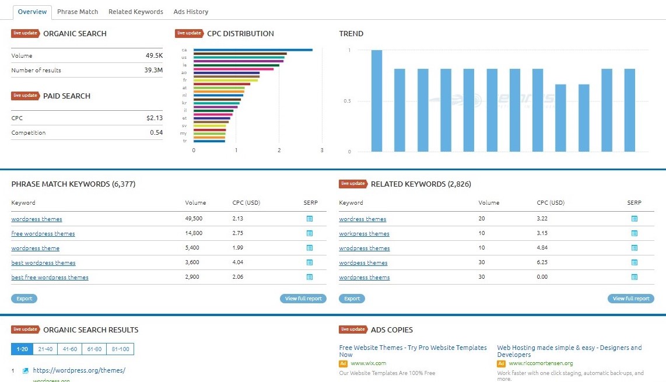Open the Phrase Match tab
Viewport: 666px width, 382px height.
[78, 12]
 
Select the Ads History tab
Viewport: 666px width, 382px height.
[191, 12]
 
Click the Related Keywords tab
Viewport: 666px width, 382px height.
[136, 12]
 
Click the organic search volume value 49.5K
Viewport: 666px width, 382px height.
[154, 56]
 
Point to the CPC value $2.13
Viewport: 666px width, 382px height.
[155, 118]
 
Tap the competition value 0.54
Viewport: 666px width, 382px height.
[156, 133]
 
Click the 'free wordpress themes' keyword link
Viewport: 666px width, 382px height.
[43, 234]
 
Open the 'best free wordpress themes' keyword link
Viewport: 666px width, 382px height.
[50, 278]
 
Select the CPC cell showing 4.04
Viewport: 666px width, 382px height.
[238, 263]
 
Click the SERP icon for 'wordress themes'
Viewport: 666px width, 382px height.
[635, 219]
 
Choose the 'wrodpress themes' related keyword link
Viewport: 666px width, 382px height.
[364, 248]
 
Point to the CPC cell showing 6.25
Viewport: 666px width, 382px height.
[542, 263]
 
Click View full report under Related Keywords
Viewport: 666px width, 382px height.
[631, 299]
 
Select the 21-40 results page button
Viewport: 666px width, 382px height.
[44, 349]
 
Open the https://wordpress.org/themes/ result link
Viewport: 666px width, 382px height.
[79, 370]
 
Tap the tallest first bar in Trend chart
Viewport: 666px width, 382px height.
[377, 100]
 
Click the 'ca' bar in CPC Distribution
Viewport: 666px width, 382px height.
[253, 50]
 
